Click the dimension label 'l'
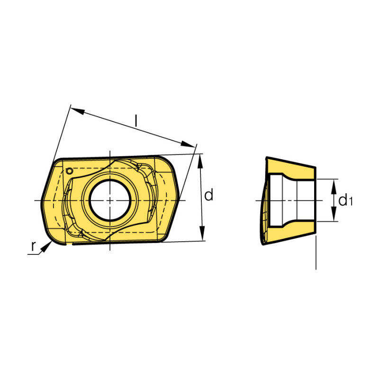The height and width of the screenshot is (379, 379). [136, 121]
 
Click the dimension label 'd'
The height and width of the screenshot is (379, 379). [209, 195]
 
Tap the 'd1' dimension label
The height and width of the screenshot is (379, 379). [345, 200]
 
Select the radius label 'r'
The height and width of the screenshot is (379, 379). [33, 246]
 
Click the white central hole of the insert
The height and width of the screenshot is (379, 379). [110, 200]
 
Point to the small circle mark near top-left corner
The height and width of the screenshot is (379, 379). [69, 171]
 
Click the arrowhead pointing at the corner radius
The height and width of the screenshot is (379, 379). [46, 247]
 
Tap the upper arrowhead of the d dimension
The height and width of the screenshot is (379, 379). [200, 161]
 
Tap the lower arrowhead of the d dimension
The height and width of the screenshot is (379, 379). [202, 234]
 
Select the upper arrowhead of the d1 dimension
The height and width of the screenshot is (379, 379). [334, 186]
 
